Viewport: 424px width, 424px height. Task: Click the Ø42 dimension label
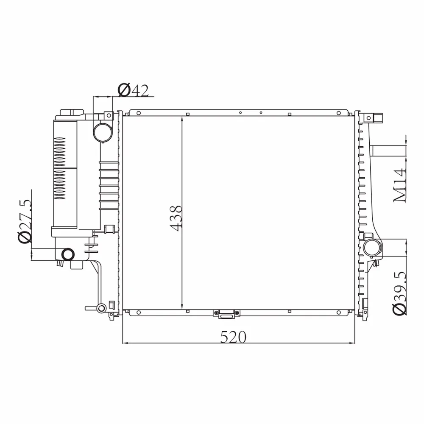(133, 90)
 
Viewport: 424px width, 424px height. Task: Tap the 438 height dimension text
(176, 218)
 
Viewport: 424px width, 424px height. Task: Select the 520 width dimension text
(233, 337)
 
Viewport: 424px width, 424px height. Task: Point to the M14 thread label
(400, 185)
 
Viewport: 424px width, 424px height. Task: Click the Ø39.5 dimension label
(400, 293)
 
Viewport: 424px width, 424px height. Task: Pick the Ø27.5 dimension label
(25, 221)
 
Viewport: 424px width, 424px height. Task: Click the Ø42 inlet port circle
(103, 132)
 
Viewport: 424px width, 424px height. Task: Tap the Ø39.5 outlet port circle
(372, 248)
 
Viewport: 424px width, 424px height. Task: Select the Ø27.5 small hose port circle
(68, 254)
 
